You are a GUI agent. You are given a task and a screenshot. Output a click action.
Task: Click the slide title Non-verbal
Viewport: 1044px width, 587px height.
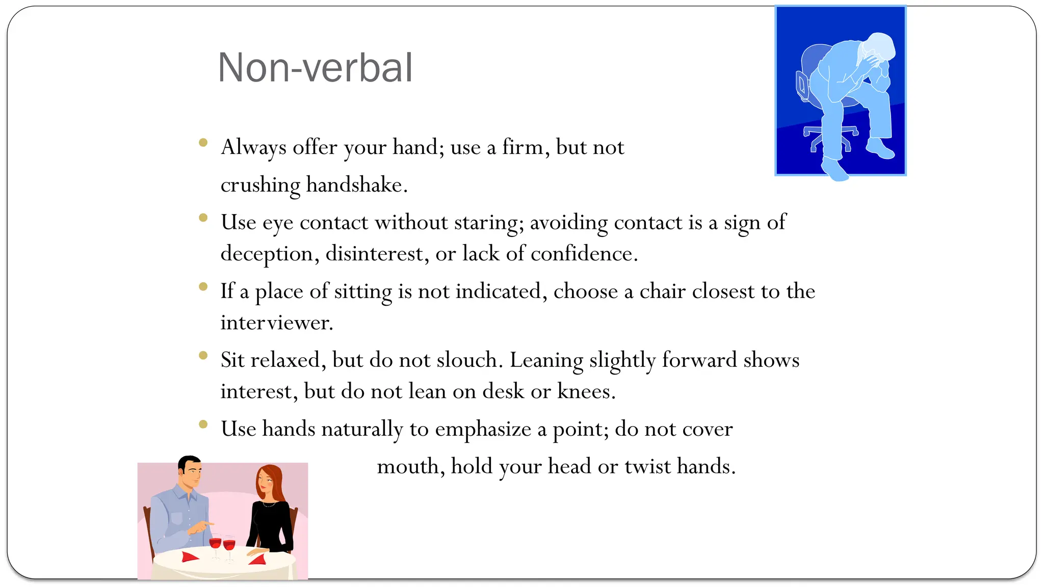315,68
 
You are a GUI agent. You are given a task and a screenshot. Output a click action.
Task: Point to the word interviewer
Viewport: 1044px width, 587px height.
276,323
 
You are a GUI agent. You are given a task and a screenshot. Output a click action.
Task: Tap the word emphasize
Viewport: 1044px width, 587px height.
483,429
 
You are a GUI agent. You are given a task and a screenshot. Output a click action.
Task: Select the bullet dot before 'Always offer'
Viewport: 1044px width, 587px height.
203,143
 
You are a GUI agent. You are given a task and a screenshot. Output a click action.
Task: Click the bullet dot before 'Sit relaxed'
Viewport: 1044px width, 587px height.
203,355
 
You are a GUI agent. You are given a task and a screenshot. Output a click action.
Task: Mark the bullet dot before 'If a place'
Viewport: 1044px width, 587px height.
203,286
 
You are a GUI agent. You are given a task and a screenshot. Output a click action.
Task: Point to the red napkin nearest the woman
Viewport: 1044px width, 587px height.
258,560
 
